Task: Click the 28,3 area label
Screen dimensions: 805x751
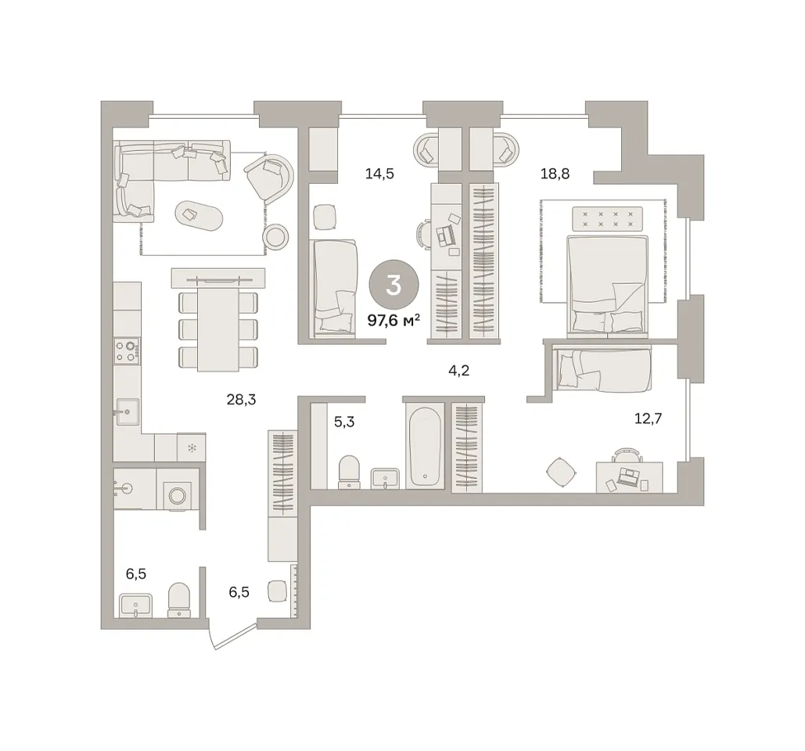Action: click(x=241, y=399)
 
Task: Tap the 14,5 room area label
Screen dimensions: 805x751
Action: click(x=379, y=174)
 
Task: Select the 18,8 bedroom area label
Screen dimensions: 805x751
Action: click(x=555, y=174)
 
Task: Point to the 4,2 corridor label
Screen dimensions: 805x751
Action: click(x=459, y=370)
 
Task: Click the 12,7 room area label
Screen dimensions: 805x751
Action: click(x=648, y=419)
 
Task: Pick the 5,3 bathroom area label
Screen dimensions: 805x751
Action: click(x=344, y=422)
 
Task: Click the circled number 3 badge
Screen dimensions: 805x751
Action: click(x=394, y=285)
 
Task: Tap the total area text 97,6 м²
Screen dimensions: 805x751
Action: click(x=394, y=321)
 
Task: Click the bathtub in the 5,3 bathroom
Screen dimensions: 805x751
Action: click(x=425, y=445)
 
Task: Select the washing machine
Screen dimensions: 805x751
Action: click(x=178, y=495)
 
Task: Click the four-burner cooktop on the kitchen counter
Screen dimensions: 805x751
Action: click(x=127, y=350)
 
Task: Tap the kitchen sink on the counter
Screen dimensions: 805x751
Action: click(x=128, y=411)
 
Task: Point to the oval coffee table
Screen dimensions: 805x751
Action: click(x=199, y=216)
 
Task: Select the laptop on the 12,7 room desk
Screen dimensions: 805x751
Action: click(x=628, y=477)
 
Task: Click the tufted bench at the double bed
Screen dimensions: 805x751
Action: click(x=607, y=218)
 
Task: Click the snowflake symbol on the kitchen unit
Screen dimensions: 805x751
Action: click(x=192, y=449)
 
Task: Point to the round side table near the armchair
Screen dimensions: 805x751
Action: click(x=275, y=236)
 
